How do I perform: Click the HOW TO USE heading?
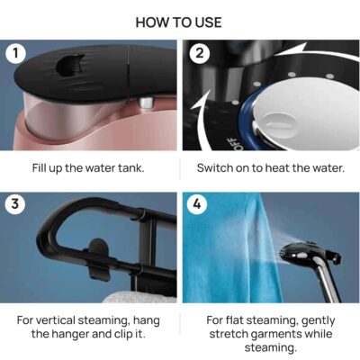pyautogui.click(x=179, y=22)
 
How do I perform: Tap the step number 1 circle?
pyautogui.click(x=15, y=53)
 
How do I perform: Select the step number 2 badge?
pyautogui.click(x=199, y=53)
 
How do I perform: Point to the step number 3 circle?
pyautogui.click(x=15, y=204)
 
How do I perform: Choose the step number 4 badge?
pyautogui.click(x=197, y=204)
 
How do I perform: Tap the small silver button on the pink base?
pyautogui.click(x=145, y=102)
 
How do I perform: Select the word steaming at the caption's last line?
pyautogui.click(x=271, y=348)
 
